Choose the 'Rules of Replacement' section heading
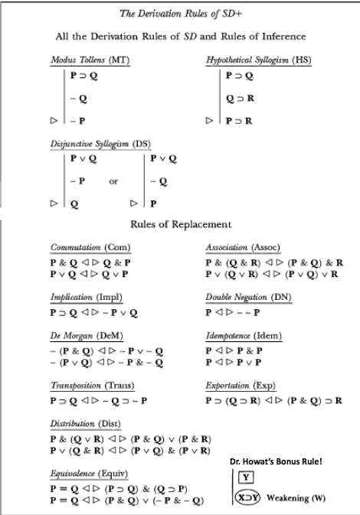point(181,224)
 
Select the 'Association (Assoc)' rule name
point(243,248)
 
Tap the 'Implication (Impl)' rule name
point(87,296)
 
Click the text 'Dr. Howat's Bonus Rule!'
point(280,461)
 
